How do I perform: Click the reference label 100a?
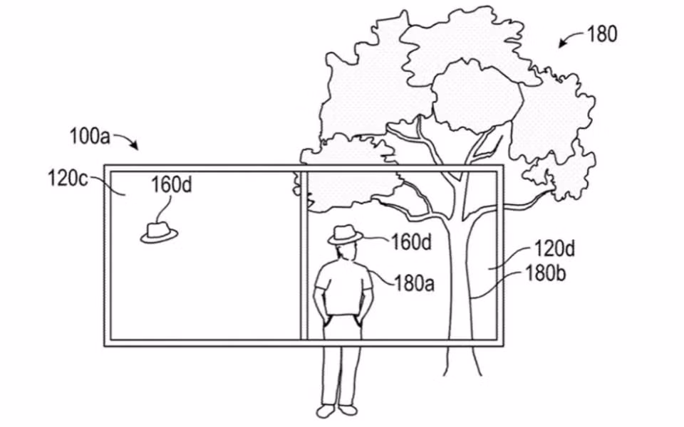[90, 137]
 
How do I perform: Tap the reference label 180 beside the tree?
[603, 33]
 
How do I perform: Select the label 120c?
[68, 178]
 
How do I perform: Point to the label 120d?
[554, 249]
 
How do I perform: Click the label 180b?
[545, 273]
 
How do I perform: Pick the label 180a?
[415, 283]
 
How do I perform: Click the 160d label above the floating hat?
[172, 185]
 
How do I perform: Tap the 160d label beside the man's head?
[411, 242]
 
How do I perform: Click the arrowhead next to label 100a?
[135, 145]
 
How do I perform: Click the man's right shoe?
[348, 411]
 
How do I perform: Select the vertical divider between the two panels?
[304, 255]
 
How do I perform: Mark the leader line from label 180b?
[498, 284]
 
